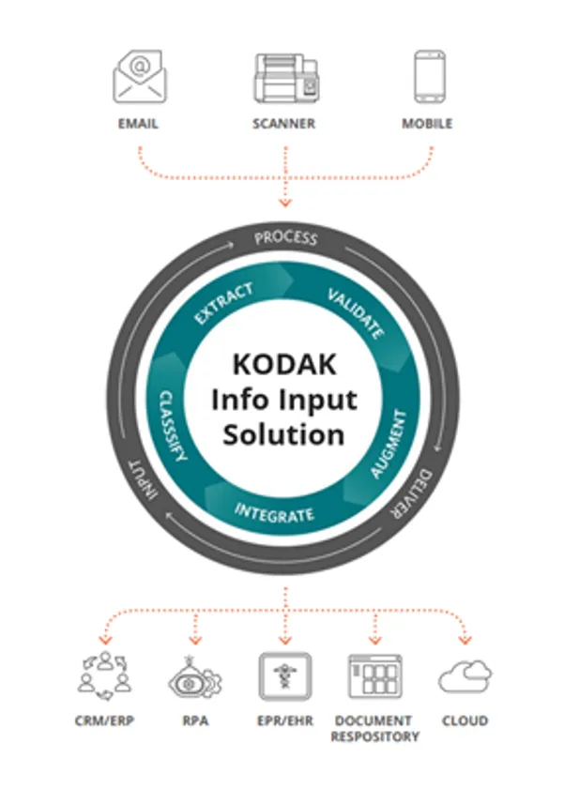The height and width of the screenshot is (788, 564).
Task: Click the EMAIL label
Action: (x=139, y=123)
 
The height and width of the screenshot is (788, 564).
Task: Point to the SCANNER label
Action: (x=284, y=123)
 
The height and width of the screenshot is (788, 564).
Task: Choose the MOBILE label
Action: (x=427, y=123)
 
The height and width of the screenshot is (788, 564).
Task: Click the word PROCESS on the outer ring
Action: (x=286, y=237)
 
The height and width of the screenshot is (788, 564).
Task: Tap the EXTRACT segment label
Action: (x=222, y=303)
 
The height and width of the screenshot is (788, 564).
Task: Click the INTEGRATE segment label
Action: (x=275, y=512)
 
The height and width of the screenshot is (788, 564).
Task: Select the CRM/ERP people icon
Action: (x=102, y=674)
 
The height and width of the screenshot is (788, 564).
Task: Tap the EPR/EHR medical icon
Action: (x=285, y=675)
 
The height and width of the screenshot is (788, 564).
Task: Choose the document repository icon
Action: (x=374, y=675)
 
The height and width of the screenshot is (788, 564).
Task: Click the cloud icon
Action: (x=465, y=675)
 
